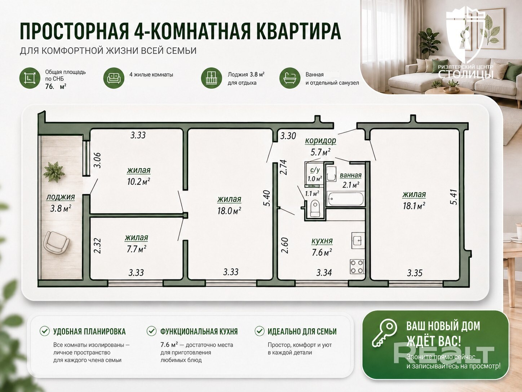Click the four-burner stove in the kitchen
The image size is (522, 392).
[x=357, y=266]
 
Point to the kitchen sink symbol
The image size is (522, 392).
[x=358, y=240]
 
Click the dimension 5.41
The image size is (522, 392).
[x=454, y=197]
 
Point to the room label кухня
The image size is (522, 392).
[x=322, y=241]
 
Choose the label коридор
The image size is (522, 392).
[x=320, y=141]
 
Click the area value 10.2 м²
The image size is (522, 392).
[x=138, y=182]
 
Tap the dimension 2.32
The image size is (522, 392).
[x=97, y=246]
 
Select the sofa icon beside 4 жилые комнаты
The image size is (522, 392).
[x=114, y=78]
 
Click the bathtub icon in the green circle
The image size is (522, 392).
[x=289, y=78]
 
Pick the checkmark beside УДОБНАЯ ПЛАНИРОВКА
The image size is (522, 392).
[x=44, y=331]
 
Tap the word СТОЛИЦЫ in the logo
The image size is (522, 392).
[x=466, y=74]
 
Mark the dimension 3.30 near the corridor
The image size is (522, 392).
[x=288, y=136]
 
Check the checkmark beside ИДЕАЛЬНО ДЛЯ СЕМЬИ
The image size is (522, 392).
[x=259, y=331]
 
